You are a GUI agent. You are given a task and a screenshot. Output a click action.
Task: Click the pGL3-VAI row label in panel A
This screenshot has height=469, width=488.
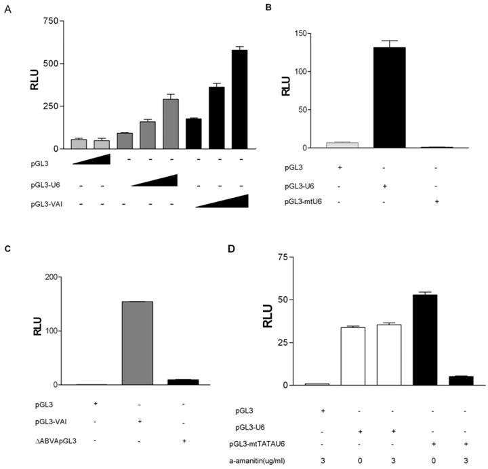(x=30, y=202)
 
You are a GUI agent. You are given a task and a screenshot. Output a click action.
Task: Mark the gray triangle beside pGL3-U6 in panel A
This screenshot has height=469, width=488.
(x=155, y=180)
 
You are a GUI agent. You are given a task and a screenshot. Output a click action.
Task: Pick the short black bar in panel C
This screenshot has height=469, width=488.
(x=182, y=382)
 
